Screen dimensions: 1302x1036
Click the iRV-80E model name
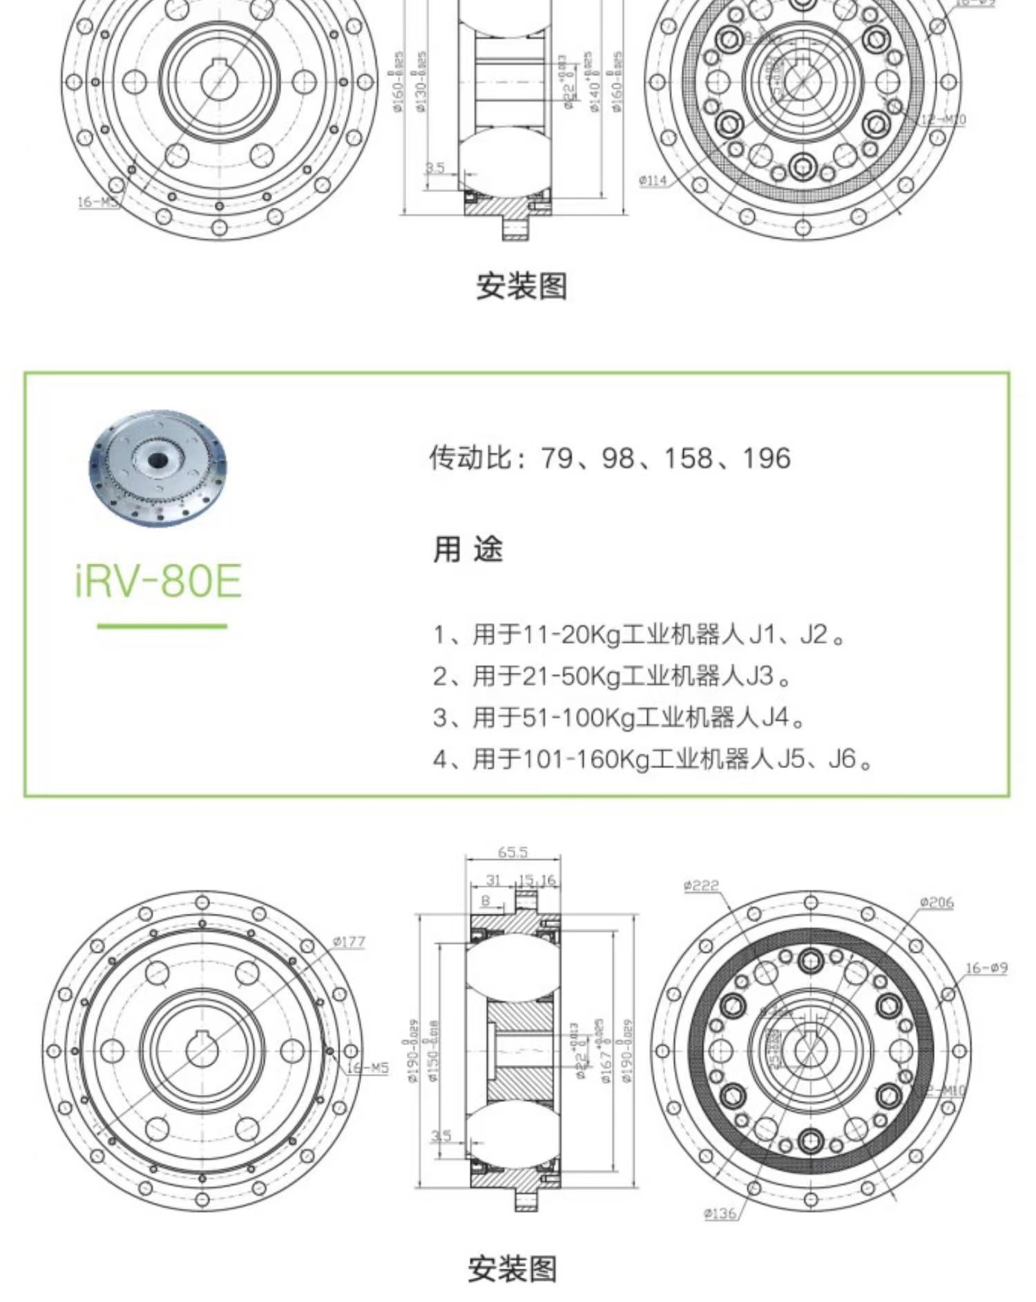(158, 581)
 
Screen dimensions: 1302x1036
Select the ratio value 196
(766, 458)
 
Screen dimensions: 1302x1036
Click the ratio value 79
(557, 458)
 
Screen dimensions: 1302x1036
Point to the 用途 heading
(468, 550)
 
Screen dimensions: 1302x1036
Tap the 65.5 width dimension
(512, 852)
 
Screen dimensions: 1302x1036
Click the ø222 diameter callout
(701, 885)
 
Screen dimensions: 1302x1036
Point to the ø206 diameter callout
(936, 902)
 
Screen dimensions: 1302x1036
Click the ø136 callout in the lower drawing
(720, 1214)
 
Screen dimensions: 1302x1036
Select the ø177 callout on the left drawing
(349, 941)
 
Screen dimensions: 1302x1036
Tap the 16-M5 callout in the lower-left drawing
(367, 1068)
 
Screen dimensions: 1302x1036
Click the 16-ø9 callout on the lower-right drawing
(986, 968)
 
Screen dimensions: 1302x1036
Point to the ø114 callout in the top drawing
(653, 180)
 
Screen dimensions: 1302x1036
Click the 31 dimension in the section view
(493, 880)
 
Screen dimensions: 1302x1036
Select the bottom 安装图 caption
(512, 1269)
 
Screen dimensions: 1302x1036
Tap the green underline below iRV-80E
(162, 626)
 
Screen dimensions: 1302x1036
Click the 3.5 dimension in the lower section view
(441, 1136)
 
